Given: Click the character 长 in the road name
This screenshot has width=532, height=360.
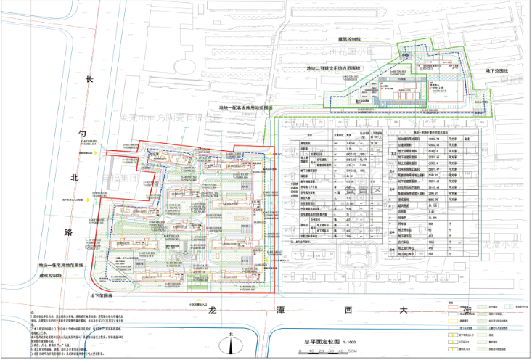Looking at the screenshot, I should (90, 82).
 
